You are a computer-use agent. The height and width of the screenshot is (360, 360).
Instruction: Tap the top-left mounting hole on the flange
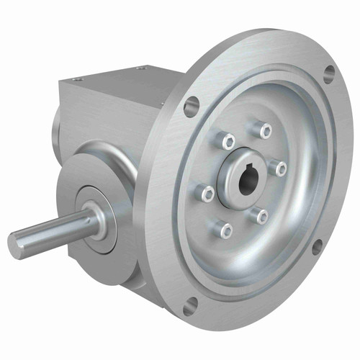191,107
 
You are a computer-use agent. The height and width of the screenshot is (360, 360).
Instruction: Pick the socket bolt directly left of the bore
206,192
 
